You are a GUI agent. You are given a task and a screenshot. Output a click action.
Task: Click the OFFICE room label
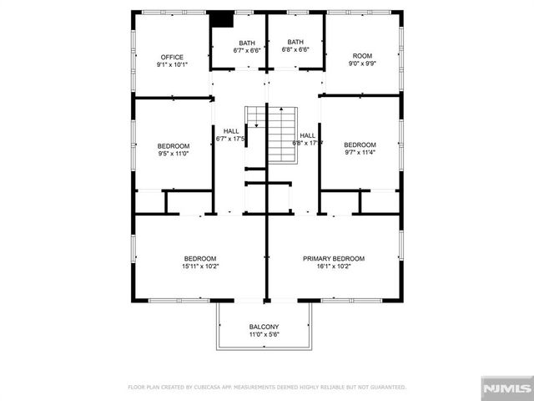172,57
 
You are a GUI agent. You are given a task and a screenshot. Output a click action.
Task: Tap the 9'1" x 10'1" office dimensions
172,64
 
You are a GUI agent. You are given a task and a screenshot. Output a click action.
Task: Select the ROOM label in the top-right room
362,56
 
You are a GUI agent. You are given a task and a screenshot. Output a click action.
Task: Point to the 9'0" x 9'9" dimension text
362,63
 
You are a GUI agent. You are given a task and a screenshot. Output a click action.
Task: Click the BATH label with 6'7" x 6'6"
247,43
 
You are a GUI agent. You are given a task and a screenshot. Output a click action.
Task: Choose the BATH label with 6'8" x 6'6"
295,42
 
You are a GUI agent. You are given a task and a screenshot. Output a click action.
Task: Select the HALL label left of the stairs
231,131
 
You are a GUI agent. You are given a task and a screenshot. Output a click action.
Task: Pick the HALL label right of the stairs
307,135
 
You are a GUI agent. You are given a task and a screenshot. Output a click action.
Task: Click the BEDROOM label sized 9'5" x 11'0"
174,145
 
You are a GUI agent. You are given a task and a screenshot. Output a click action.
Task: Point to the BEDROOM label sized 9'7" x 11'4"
360,144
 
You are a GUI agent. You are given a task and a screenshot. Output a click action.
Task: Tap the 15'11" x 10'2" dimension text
200,266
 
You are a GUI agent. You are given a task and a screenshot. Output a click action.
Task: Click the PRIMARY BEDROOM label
339,259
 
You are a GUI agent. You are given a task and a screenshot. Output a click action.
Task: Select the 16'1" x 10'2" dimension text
339,266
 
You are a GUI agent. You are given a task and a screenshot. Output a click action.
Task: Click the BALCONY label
264,327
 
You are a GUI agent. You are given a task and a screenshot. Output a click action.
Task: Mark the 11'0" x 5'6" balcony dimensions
264,334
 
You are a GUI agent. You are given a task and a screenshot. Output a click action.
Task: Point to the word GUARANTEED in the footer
387,388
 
